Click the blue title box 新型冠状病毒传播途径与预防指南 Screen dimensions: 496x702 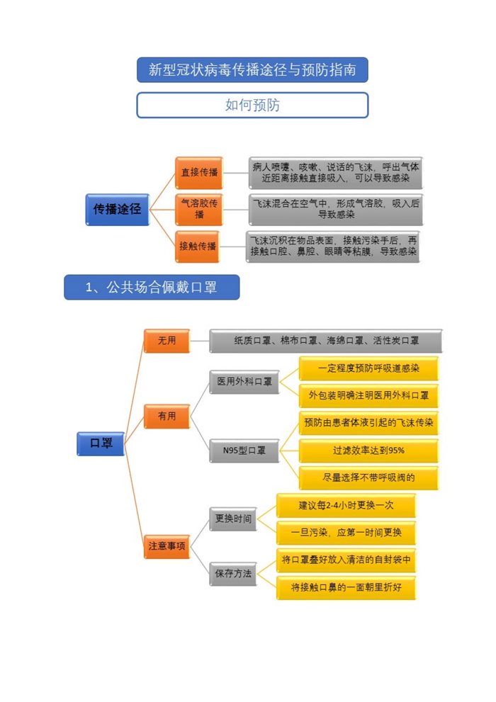252,70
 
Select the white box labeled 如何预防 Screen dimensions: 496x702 252,106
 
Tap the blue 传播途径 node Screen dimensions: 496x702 118,209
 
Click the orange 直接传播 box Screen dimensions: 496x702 199,173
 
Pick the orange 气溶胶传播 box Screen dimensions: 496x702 199,209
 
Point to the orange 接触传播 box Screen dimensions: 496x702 198,247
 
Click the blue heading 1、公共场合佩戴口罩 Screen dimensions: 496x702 152,287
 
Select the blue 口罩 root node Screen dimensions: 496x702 101,443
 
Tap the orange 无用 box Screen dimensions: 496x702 167,341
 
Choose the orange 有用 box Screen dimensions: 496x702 167,417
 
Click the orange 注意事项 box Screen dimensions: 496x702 167,546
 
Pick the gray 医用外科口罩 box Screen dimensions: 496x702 244,382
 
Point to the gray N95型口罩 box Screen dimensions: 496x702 244,451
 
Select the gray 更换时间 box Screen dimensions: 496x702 233,519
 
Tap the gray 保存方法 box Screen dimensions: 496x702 233,574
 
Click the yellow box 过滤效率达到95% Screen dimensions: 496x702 368,451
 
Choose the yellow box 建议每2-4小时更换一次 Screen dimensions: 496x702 346,506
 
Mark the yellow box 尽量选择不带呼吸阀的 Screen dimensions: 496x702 368,478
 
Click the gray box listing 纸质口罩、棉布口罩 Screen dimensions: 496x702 326,341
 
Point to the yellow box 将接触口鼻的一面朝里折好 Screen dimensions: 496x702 346,587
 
